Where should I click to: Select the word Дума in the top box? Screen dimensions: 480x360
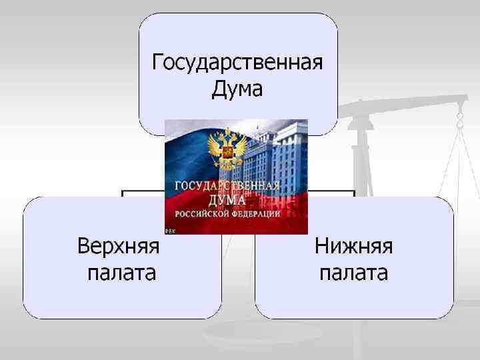237,89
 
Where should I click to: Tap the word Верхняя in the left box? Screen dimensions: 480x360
119,246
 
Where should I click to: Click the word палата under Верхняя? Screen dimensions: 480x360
122,273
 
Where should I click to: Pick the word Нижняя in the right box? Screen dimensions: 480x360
353,246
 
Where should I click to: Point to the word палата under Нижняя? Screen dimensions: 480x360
353,273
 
